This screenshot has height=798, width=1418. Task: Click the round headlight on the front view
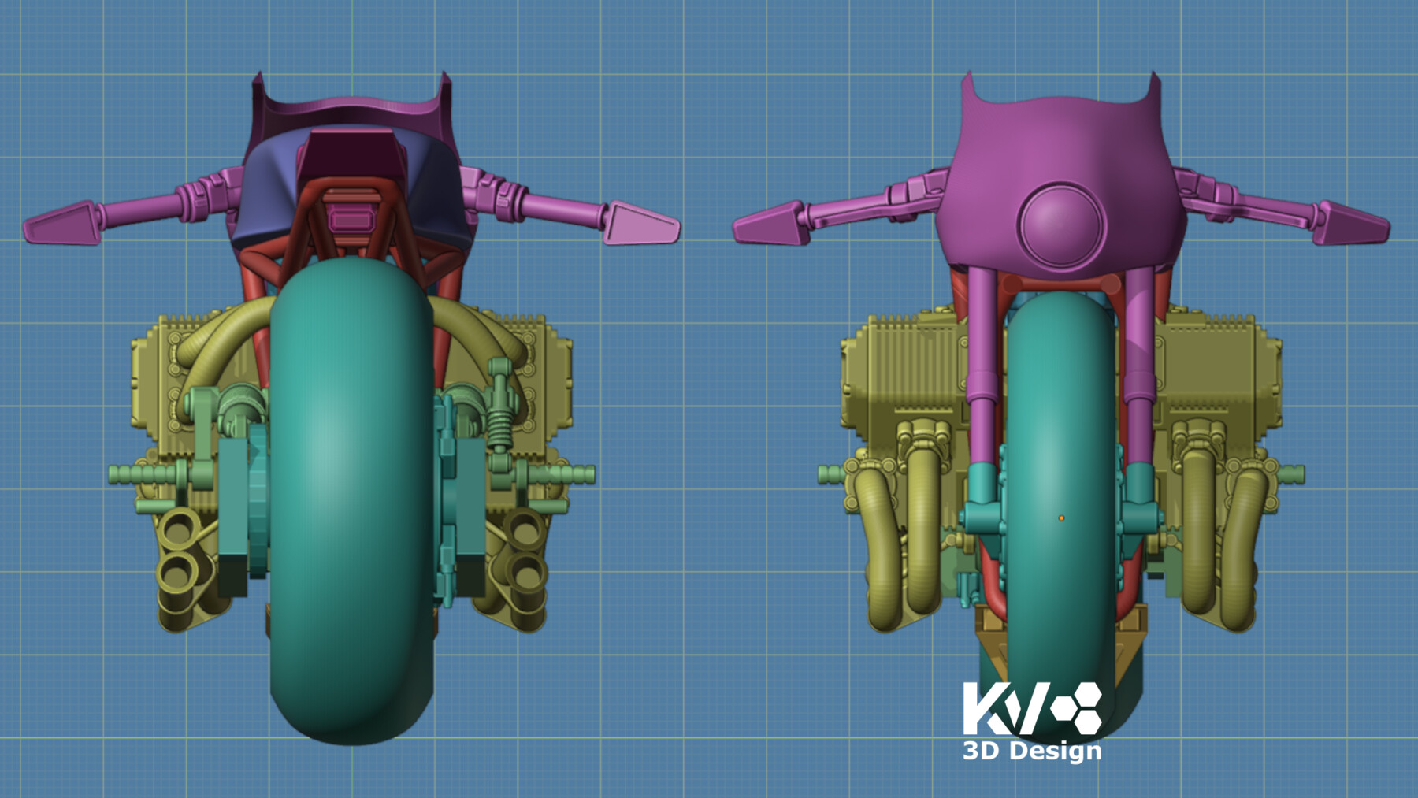(x=1060, y=224)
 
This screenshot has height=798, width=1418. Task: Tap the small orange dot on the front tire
(x=1061, y=518)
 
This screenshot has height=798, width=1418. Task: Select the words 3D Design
(x=1032, y=751)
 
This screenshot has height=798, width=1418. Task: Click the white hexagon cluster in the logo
(x=1079, y=707)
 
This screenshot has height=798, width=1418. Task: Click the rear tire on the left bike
(x=351, y=504)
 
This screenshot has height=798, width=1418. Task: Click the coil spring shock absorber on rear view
(x=499, y=418)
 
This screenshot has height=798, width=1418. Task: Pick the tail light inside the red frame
(x=350, y=217)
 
